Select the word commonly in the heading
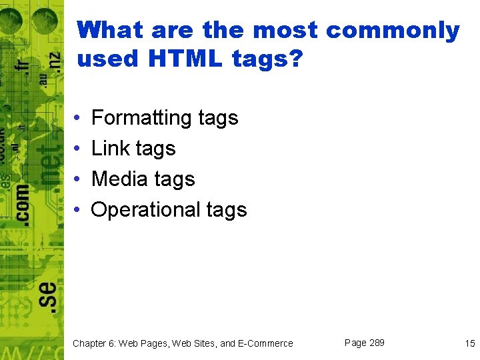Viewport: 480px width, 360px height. pos(393,30)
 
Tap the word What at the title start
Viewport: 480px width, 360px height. pos(110,30)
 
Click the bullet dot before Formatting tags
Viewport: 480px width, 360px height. pos(78,118)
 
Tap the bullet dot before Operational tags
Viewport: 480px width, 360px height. pos(78,210)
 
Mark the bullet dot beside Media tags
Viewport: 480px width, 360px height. pos(78,179)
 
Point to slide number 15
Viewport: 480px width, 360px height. pos(470,343)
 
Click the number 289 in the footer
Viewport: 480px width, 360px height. pos(377,343)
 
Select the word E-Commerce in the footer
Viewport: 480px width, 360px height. pos(265,343)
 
